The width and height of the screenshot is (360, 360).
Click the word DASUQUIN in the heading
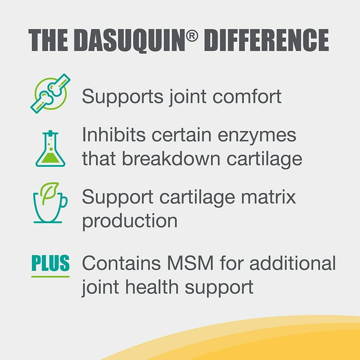129,40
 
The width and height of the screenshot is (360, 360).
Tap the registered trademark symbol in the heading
192,36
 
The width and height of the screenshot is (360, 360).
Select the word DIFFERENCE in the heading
267,40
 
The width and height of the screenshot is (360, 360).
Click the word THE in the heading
48,40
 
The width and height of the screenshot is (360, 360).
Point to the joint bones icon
51,93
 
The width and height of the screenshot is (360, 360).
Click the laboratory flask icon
50,149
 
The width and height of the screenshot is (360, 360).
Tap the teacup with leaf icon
50,202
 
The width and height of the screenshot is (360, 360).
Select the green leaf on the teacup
49,192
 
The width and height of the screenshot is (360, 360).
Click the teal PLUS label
51,263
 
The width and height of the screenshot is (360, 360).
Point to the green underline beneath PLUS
51,277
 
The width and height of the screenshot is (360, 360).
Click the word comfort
247,96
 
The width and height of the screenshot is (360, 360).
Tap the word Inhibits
113,135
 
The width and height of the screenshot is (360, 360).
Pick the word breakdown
171,158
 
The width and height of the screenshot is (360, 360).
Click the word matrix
269,196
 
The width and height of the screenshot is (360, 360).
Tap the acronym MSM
190,263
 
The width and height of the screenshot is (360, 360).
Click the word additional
292,262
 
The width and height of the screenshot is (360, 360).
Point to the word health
152,287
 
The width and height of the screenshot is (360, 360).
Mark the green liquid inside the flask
50,158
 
